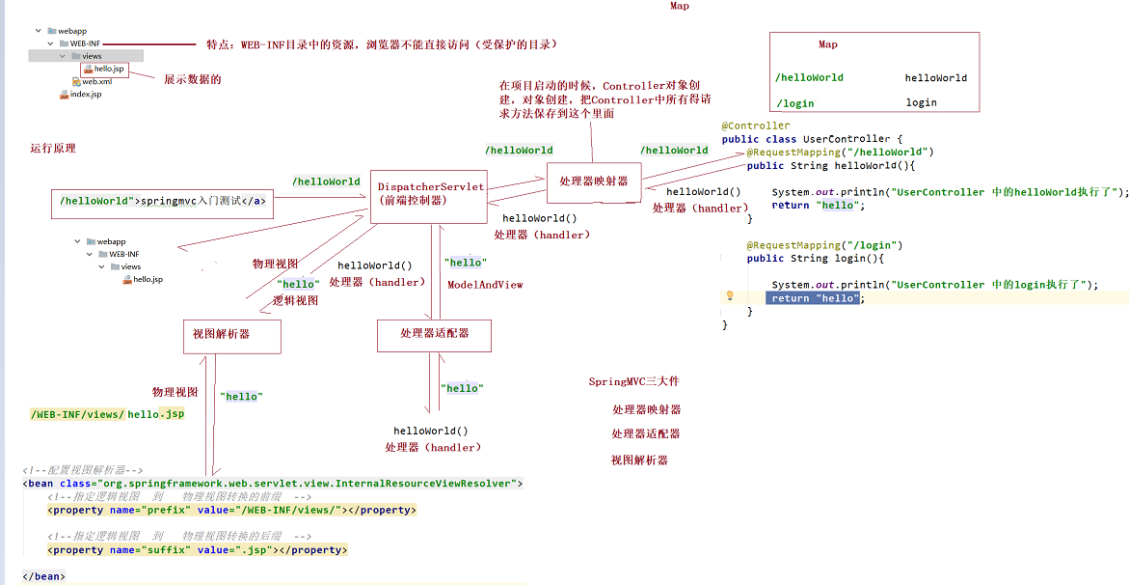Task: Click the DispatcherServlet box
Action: coord(431,193)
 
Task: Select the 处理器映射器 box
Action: coord(593,181)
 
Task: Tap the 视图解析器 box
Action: coord(231,335)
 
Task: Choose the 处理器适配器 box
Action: coord(434,334)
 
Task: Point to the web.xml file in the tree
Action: coord(96,82)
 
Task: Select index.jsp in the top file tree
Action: coord(85,95)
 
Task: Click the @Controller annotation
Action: coord(755,125)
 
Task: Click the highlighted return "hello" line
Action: coord(814,298)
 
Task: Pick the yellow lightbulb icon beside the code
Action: coord(730,294)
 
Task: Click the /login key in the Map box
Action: coord(794,103)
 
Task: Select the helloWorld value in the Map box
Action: coord(935,78)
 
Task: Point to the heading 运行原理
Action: coord(53,149)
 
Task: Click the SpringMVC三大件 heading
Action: coord(633,382)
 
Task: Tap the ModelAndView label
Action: coord(485,285)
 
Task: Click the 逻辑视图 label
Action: coord(296,300)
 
